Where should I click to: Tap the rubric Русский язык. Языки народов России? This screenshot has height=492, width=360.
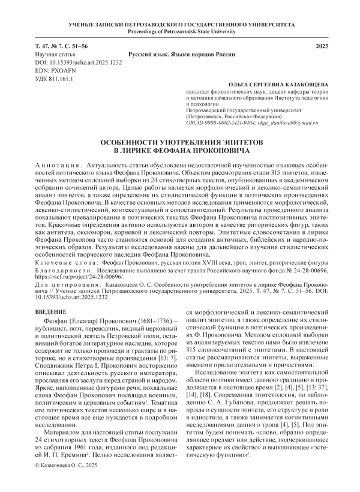coord(180,54)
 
